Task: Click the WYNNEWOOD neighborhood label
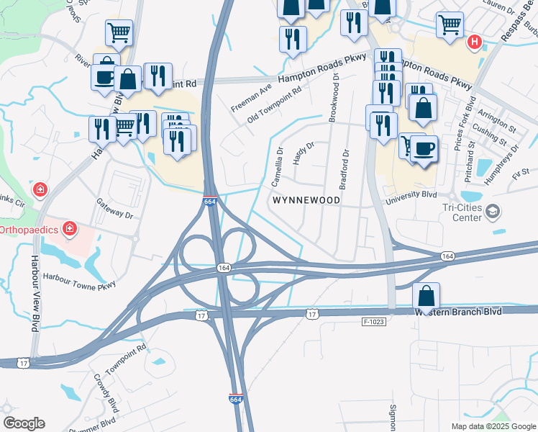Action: [x=305, y=199]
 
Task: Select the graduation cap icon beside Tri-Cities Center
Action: [x=493, y=212]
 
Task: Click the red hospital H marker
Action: [x=474, y=42]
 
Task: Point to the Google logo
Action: [x=24, y=423]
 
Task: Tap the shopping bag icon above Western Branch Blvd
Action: [x=426, y=294]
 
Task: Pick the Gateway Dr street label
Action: [x=115, y=210]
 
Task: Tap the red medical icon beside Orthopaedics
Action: [x=70, y=230]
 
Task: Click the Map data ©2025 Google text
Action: [x=493, y=426]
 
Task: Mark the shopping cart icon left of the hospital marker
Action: [x=450, y=24]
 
